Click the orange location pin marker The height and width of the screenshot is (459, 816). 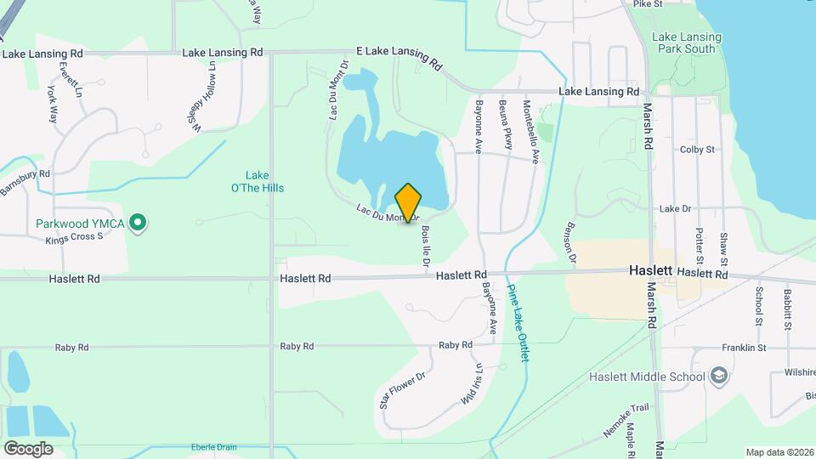408,203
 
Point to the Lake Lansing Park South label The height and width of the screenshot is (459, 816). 687,43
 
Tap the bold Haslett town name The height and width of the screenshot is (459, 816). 652,270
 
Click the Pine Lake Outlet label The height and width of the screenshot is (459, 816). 518,322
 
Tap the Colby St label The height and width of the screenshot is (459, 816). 697,150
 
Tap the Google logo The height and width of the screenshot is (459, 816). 28,448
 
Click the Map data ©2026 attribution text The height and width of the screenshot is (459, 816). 779,452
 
